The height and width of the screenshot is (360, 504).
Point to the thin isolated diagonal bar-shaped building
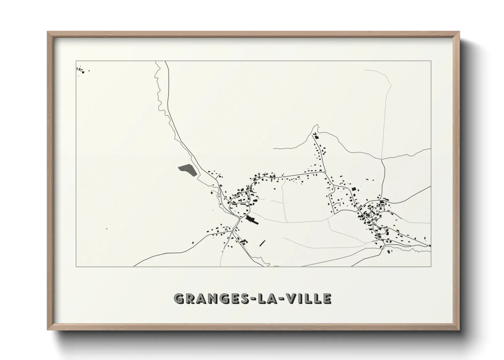pos(262,243)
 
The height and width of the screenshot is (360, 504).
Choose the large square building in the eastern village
pos(353,189)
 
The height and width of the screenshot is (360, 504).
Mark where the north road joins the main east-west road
pos(324,173)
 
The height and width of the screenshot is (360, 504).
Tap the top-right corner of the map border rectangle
pos(431,61)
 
